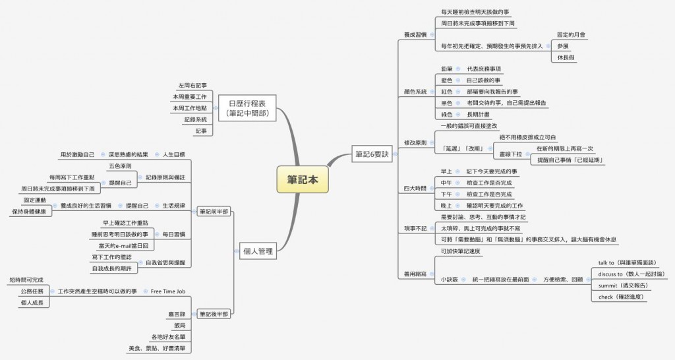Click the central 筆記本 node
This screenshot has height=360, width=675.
[300, 179]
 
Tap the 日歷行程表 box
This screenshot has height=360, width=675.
[247, 108]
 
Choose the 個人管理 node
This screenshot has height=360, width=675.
[258, 251]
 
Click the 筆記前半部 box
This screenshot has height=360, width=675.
[214, 212]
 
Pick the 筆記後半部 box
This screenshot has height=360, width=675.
[214, 314]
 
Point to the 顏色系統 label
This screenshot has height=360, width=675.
[415, 91]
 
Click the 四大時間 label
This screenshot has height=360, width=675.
[415, 188]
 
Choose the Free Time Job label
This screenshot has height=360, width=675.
[167, 291]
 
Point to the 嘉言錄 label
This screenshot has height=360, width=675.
[177, 315]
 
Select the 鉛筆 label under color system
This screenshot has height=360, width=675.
[446, 69]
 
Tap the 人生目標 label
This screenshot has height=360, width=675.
[174, 154]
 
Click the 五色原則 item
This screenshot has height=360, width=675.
[120, 166]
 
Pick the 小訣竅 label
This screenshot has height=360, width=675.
[450, 280]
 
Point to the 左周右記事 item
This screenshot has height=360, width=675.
[192, 85]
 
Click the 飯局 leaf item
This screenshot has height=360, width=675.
[179, 326]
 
